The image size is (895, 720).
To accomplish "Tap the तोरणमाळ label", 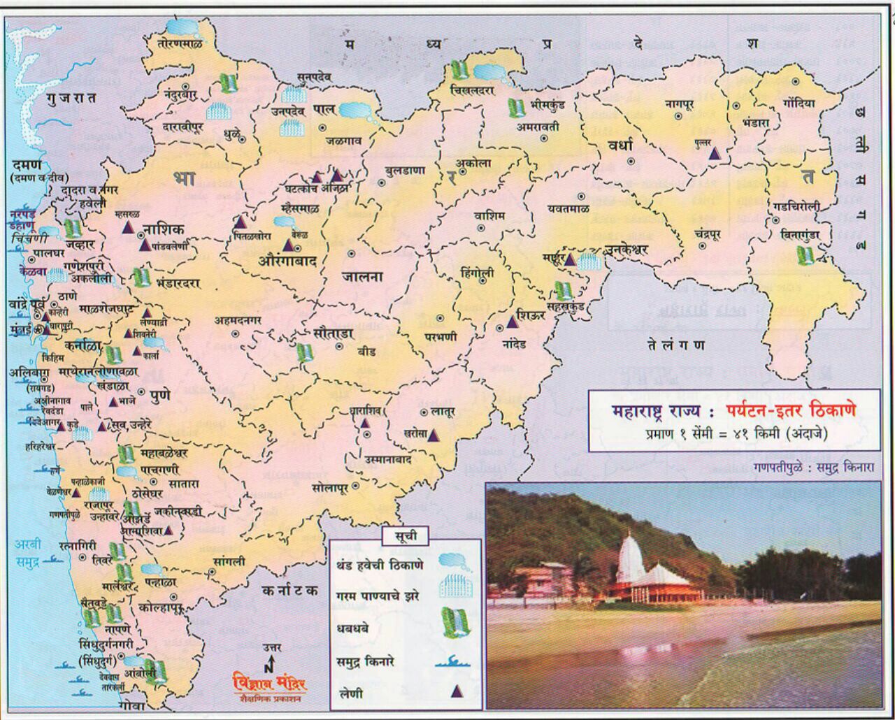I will [180, 43].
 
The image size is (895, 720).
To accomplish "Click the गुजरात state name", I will [72, 99].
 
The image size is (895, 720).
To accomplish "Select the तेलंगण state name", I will [675, 345].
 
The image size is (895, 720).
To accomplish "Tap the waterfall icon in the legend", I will [456, 621].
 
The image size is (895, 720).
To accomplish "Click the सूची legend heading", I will [405, 536].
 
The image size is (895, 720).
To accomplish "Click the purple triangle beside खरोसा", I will [434, 435].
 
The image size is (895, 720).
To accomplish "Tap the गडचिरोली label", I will [796, 206].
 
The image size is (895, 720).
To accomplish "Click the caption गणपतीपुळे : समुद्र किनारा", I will [815, 466].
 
